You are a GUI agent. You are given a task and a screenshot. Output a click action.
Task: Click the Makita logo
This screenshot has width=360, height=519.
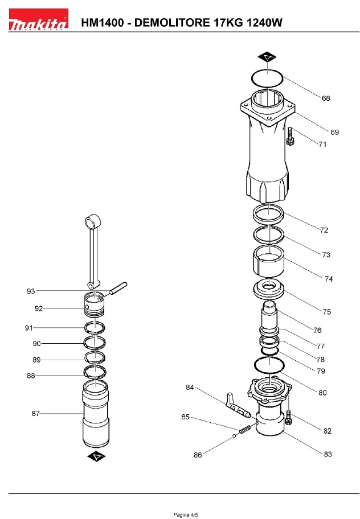coord(38,19)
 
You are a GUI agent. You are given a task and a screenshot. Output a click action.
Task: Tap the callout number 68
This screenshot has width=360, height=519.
coord(326,98)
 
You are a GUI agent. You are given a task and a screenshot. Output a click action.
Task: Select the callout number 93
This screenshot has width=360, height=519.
coord(31,291)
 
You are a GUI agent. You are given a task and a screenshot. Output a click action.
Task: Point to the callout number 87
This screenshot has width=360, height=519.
coord(35,413)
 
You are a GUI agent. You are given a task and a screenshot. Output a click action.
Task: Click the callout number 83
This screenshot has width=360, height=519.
coord(328,454)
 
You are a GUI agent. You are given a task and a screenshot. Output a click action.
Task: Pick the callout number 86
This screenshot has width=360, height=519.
coord(198,455)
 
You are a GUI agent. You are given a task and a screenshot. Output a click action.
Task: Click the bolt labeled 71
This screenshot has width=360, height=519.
coord(291,136)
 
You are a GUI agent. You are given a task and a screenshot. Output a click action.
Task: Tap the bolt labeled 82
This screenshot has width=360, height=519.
coord(288,418)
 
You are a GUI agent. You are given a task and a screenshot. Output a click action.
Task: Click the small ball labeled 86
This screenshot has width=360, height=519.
coord(234,436)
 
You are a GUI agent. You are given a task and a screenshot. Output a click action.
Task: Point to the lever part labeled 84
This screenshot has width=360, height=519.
coord(238,405)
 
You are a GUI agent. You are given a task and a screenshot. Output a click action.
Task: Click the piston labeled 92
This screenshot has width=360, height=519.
coord(95,304)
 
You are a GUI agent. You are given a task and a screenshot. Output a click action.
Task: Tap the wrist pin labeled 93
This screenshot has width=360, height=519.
coord(117,287)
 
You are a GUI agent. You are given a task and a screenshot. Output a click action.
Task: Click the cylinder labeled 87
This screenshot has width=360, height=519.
coord(95,413)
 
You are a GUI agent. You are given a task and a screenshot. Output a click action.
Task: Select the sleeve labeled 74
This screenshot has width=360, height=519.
coord(269,261)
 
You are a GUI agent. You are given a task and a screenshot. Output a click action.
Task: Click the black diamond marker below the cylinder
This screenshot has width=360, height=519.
coord(96,456)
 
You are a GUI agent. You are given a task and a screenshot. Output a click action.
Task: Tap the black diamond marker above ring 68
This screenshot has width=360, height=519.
coord(267,57)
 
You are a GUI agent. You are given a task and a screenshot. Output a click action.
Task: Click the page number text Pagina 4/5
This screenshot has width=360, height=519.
coord(186,514)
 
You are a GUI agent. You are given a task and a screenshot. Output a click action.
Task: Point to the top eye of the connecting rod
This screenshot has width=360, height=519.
coord(93,221)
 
